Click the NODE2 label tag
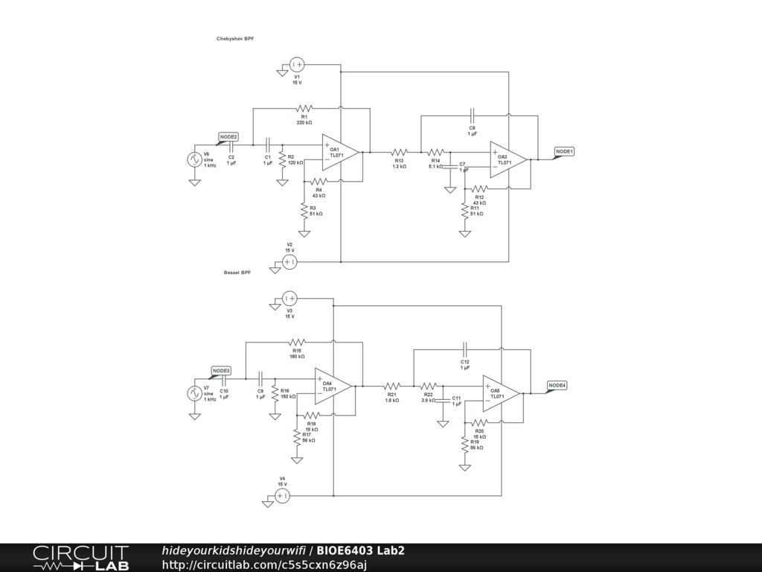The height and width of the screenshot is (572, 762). pyautogui.click(x=228, y=137)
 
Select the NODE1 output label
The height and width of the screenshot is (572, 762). pyautogui.click(x=565, y=152)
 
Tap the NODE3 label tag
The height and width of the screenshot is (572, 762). pyautogui.click(x=221, y=371)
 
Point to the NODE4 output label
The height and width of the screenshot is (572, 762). pyautogui.click(x=557, y=385)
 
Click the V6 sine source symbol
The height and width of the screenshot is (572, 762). pyautogui.click(x=194, y=159)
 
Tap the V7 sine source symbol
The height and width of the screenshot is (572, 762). pyautogui.click(x=194, y=393)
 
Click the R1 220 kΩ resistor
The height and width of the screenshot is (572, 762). pyautogui.click(x=304, y=108)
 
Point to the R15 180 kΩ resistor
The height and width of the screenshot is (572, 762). pyautogui.click(x=296, y=342)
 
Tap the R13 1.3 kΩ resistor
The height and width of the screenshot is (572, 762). pyautogui.click(x=400, y=152)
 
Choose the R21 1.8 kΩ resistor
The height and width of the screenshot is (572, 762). pyautogui.click(x=392, y=386)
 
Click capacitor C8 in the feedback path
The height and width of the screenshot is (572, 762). pyautogui.click(x=472, y=115)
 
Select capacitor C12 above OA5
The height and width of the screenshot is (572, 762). pyautogui.click(x=464, y=349)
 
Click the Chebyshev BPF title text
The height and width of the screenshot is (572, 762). pyautogui.click(x=235, y=38)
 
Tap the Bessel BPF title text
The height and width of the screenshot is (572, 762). pyautogui.click(x=237, y=273)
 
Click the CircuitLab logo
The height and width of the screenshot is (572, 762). pyautogui.click(x=80, y=558)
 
